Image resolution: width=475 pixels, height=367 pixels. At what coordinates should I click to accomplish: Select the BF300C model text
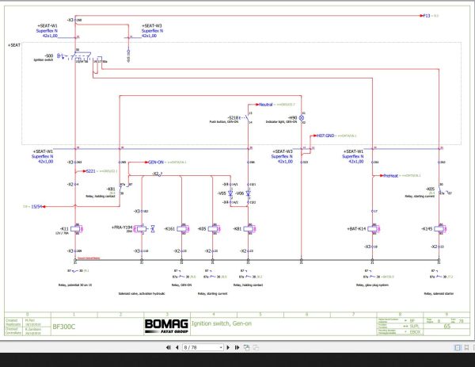64,325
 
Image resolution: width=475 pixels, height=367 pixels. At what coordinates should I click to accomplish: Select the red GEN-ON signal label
155,161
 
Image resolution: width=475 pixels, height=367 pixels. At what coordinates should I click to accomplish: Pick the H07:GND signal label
327,136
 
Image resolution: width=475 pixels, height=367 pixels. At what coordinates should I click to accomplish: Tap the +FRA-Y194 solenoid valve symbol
141,229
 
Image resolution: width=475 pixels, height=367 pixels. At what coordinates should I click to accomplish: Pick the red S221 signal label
90,170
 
